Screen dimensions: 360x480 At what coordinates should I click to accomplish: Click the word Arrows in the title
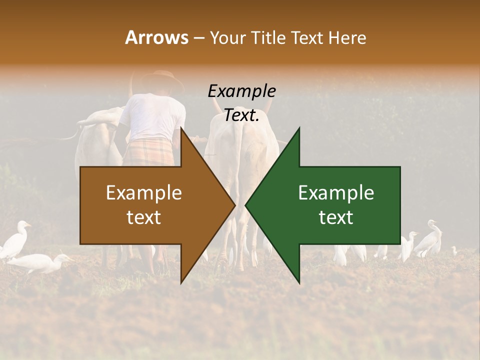(156, 37)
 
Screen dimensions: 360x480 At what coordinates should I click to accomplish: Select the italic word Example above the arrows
(241, 91)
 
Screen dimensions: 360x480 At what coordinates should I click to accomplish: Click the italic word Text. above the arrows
(241, 115)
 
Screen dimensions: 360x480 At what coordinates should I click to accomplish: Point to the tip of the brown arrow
(234, 205)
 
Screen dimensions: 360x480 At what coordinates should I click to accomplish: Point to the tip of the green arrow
(246, 205)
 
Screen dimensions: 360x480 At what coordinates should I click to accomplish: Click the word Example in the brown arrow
(144, 192)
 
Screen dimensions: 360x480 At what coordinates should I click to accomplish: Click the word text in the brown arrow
(144, 217)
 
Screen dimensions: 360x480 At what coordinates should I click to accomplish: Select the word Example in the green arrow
(336, 192)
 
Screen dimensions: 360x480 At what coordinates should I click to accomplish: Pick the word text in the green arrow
(336, 217)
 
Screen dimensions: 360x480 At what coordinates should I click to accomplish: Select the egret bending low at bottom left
(40, 262)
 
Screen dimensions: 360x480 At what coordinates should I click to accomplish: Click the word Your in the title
(226, 37)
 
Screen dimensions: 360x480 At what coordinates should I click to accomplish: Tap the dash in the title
(198, 38)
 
